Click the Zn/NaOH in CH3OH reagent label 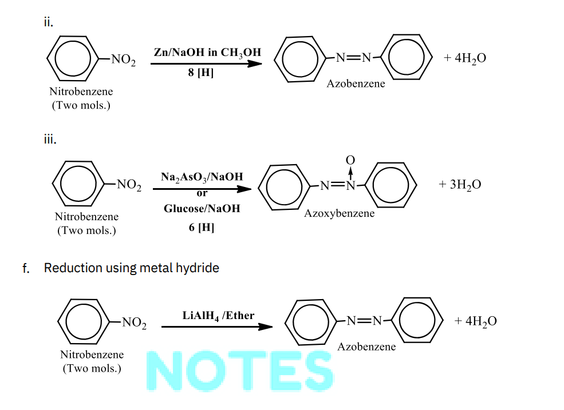(207, 53)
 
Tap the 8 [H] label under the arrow (201, 73)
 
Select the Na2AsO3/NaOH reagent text (202, 177)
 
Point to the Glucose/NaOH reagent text (202, 208)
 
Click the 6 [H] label (202, 227)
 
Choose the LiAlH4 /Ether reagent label (218, 316)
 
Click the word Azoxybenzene (339, 213)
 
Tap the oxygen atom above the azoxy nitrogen (350, 160)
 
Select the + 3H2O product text (460, 184)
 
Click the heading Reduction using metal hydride (131, 268)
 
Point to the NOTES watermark (240, 371)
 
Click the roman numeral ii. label (49, 22)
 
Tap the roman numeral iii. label (50, 139)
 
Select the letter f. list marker (26, 268)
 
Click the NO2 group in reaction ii (123, 59)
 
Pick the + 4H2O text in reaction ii (465, 58)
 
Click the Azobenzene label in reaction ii (356, 83)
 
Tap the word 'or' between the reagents (202, 193)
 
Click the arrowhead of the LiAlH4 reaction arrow (266, 327)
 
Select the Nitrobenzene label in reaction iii (86, 217)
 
